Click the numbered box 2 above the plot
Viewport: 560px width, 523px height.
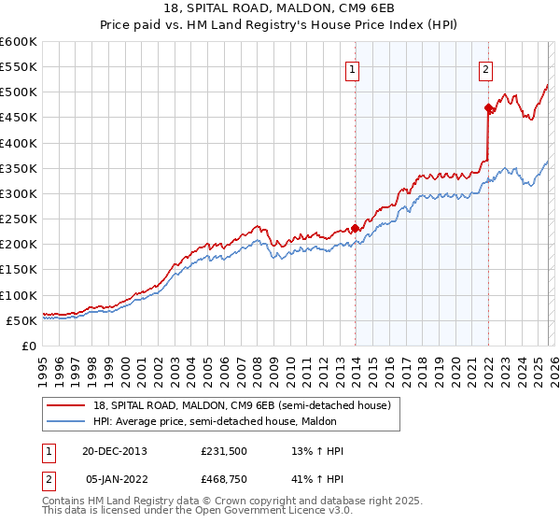486,68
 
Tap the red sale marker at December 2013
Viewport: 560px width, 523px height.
355,228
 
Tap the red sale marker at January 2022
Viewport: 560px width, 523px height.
488,108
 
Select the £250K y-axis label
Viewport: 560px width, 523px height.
19,219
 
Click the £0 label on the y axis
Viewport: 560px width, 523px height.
28,346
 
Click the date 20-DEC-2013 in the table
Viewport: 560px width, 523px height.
115,451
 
